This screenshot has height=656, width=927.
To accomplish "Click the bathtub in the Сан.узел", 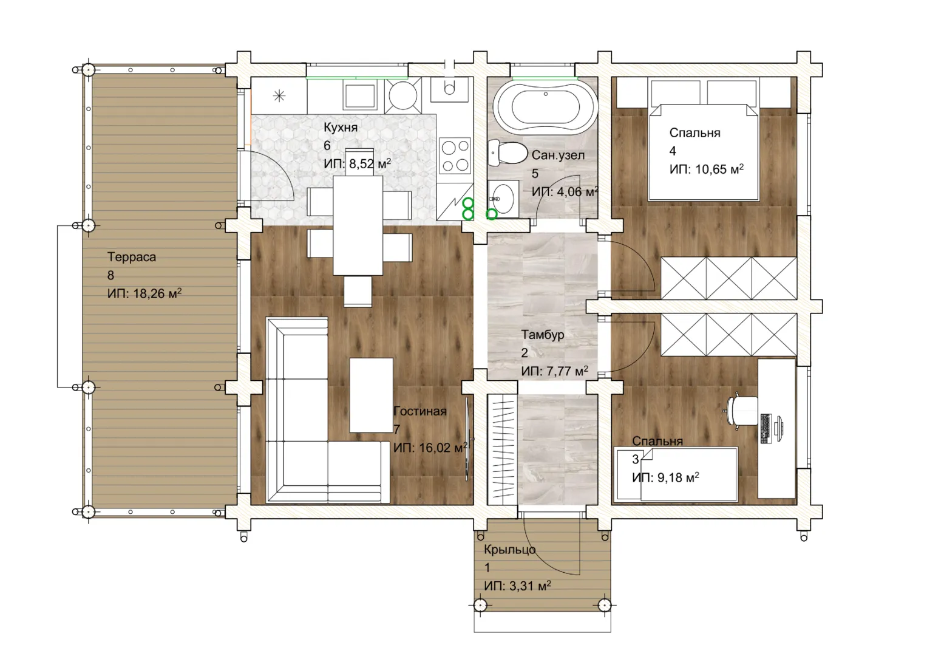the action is pos(546,106).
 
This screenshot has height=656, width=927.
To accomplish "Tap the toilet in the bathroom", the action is pos(508,153).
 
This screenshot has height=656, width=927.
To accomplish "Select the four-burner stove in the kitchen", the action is pos(455,155).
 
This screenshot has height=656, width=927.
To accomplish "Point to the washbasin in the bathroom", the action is pos(503,199).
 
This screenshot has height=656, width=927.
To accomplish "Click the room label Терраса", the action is pos(132,257).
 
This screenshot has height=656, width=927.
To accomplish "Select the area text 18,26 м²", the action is pos(157,293).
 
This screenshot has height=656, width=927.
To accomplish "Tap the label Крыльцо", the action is pos(510,550).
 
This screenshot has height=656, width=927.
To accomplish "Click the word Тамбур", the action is pos(543,334).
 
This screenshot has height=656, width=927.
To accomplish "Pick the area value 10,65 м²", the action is pos(719,169).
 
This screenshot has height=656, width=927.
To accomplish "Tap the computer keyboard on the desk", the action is pos(766,428).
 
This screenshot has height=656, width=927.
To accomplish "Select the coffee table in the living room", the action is pos(371,395).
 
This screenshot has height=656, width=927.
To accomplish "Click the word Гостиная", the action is pos(419,411).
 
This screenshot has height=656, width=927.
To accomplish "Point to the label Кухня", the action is pos(341,127).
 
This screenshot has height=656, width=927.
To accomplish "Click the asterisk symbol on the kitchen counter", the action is pos(279,96).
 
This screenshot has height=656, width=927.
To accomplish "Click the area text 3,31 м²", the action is pos(531,586).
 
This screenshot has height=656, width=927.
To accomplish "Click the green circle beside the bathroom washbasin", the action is pos(492,214).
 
